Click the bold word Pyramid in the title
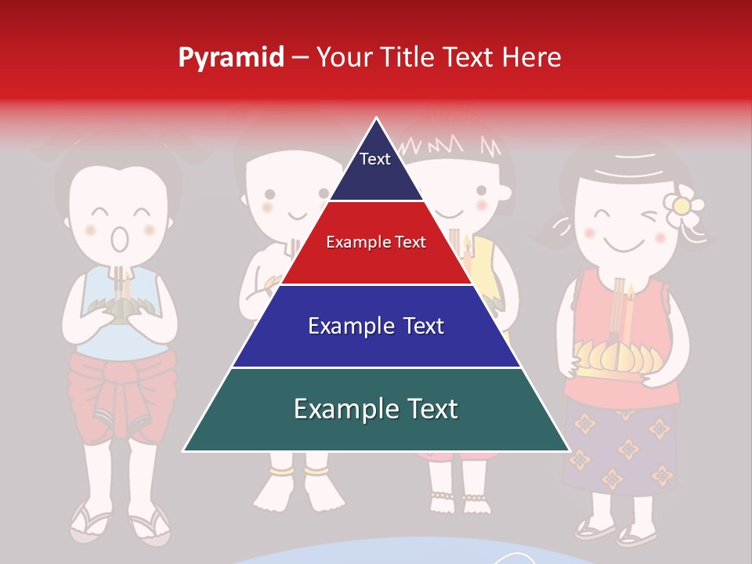231,57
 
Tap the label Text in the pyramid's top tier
375,159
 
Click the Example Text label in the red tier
376,242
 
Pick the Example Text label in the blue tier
376,326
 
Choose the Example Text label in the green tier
376,409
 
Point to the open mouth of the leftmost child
119,239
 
